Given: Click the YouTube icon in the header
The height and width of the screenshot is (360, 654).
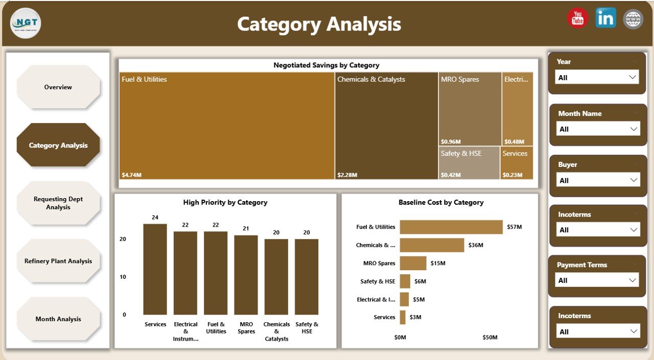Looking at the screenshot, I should point(577,18).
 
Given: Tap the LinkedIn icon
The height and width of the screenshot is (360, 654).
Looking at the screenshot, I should point(605,18).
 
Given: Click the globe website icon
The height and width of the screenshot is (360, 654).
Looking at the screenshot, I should point(634,19).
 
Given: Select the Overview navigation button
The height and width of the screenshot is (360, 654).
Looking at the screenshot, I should point(58,87).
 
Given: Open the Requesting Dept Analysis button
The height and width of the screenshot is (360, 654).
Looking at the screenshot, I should point(58,203).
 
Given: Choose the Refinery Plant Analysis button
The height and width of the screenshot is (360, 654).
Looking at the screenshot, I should point(58,261).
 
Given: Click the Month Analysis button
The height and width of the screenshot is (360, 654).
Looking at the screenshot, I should point(58,319).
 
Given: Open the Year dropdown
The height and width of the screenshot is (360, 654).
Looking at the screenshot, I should point(596,78).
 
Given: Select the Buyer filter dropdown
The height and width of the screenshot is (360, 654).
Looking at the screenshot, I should point(597,180).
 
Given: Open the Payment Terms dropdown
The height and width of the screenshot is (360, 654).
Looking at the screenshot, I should point(596,280).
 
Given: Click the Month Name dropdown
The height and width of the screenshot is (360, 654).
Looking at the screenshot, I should point(597,129).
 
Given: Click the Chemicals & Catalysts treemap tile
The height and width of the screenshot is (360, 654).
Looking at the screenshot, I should point(386,126).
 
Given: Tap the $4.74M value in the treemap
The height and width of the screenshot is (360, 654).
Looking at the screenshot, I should point(132,175).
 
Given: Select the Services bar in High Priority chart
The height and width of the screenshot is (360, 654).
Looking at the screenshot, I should point(155,269).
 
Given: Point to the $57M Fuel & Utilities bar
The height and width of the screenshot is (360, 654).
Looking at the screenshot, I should point(451,227).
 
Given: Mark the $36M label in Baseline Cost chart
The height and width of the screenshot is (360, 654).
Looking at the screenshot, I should point(475,245).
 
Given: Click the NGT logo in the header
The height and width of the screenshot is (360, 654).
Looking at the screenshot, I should point(26,23).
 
